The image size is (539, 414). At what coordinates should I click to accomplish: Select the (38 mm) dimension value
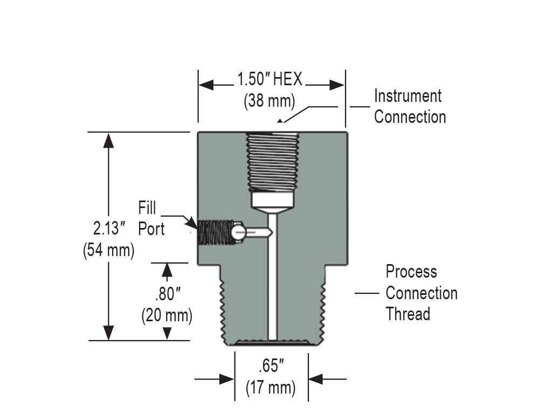tap(269, 100)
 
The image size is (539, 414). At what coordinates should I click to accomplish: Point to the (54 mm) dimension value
tap(109, 251)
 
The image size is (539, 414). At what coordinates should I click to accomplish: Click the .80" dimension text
tap(167, 294)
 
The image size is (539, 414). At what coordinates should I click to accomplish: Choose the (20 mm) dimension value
tap(167, 315)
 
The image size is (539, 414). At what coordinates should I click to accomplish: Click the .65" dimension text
tap(271, 367)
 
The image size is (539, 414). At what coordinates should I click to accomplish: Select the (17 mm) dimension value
tap(271, 388)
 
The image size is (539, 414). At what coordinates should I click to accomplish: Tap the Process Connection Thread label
tap(421, 293)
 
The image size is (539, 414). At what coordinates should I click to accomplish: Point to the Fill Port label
tap(151, 218)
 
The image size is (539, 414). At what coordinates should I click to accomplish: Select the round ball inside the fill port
tap(239, 232)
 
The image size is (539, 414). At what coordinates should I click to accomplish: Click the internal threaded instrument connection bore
tap(272, 162)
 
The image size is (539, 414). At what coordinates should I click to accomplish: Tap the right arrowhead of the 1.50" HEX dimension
tap(337, 85)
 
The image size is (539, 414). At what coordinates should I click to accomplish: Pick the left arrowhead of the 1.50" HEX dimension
tap(206, 85)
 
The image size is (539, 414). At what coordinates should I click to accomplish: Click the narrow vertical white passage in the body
tap(272, 280)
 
